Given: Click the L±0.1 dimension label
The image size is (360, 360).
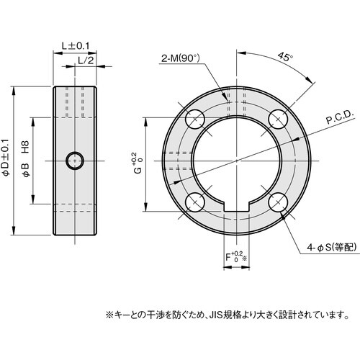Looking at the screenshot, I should click(75, 45).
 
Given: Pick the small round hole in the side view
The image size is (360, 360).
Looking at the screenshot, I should click(74, 160).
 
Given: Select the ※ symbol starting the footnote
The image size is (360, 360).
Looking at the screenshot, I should click(110, 315).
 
